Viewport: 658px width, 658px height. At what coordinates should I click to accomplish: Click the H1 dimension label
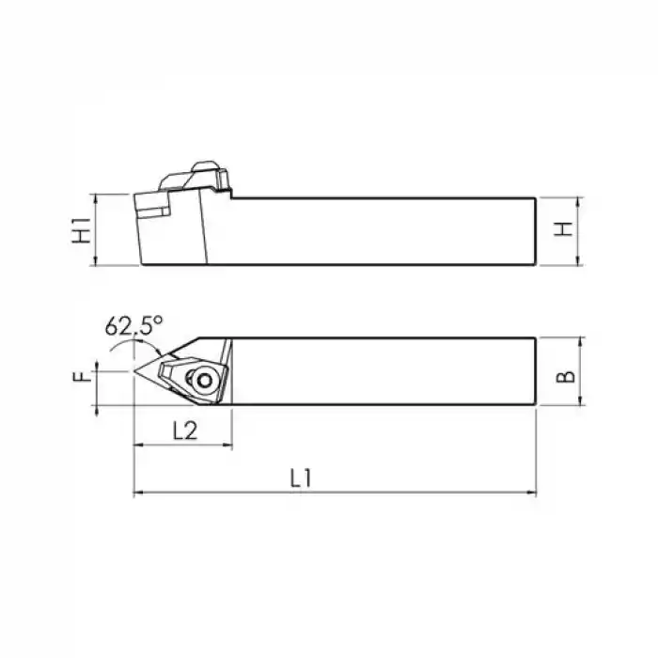click(83, 230)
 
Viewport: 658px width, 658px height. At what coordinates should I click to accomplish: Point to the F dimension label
click(83, 376)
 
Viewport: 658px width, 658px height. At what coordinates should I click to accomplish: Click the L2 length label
click(184, 431)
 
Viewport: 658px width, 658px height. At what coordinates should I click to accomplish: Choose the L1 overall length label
click(301, 478)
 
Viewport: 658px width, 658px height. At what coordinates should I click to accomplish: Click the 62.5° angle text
click(133, 326)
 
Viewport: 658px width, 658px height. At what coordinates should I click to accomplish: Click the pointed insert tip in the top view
click(136, 371)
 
